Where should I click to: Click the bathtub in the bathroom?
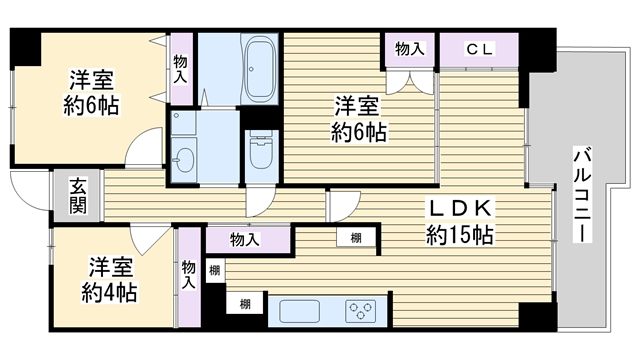(x=260, y=69)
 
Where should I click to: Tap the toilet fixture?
(x=261, y=150)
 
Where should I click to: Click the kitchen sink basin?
(x=299, y=311)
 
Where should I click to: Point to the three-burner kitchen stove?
(x=360, y=311)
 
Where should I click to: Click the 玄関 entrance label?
(x=78, y=196)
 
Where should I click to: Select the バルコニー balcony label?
(x=582, y=194)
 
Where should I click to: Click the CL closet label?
(x=480, y=49)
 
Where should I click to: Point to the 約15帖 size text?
(x=460, y=235)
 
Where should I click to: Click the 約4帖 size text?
(x=109, y=292)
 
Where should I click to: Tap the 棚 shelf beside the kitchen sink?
(x=245, y=304)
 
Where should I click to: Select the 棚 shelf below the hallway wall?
(x=356, y=238)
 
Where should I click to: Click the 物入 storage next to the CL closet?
(x=409, y=49)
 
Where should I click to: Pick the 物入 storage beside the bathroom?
(x=180, y=69)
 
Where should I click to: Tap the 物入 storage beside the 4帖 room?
(x=189, y=277)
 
